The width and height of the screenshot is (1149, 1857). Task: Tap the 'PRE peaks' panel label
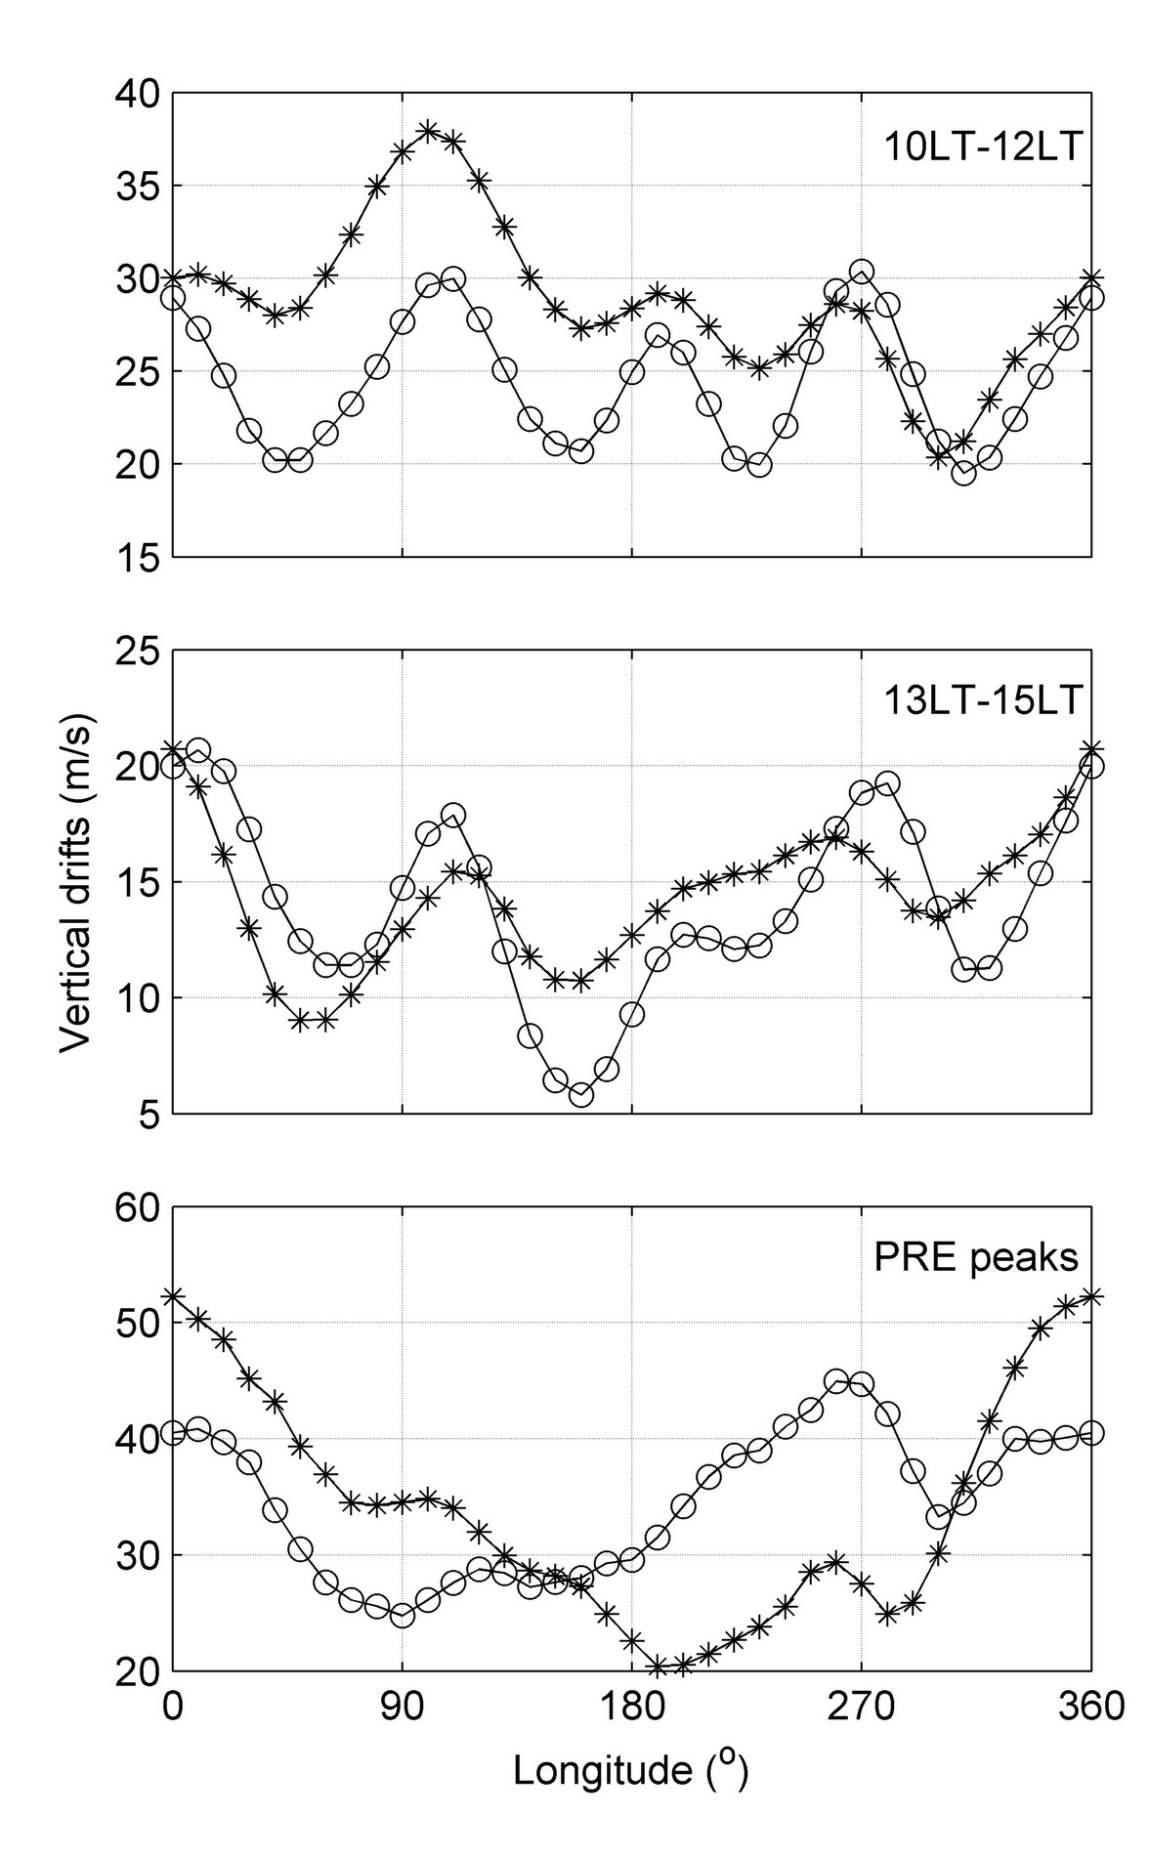(976, 1258)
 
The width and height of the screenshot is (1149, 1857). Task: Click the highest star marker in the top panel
(428, 131)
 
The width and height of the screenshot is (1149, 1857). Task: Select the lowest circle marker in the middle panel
(581, 1095)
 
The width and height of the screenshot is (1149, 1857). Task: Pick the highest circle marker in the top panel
(861, 271)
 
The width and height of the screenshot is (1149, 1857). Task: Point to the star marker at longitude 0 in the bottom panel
(173, 1296)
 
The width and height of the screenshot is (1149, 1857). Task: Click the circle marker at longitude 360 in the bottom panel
(1091, 1433)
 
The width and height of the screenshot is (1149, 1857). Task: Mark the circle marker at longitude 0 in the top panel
(173, 297)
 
